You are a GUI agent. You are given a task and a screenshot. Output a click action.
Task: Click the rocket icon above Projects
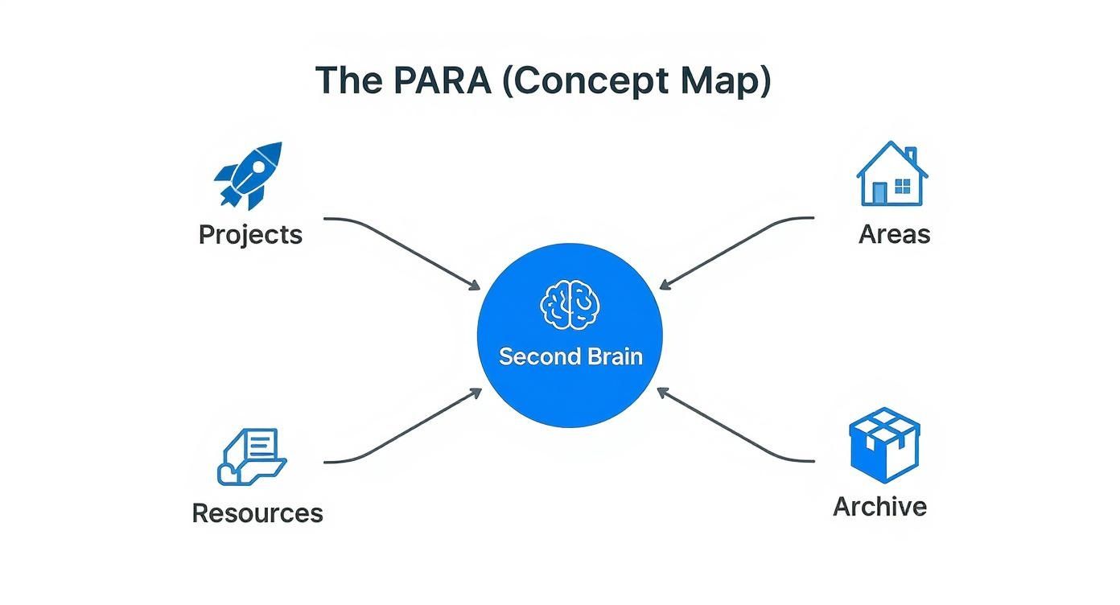point(249,175)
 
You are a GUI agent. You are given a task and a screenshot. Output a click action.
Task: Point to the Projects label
point(250,235)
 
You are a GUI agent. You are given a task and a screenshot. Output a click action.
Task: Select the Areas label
point(894,234)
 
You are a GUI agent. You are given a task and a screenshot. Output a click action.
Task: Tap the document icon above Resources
point(252,456)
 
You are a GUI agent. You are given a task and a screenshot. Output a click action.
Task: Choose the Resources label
point(257,513)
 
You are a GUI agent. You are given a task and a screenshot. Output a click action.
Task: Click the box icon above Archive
point(884,444)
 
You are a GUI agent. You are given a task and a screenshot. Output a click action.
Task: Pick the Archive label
point(879,507)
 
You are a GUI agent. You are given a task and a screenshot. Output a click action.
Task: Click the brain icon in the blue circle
point(570,305)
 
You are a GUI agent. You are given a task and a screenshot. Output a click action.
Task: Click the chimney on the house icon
point(910,154)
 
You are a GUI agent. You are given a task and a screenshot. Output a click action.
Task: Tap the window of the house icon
point(903,187)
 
